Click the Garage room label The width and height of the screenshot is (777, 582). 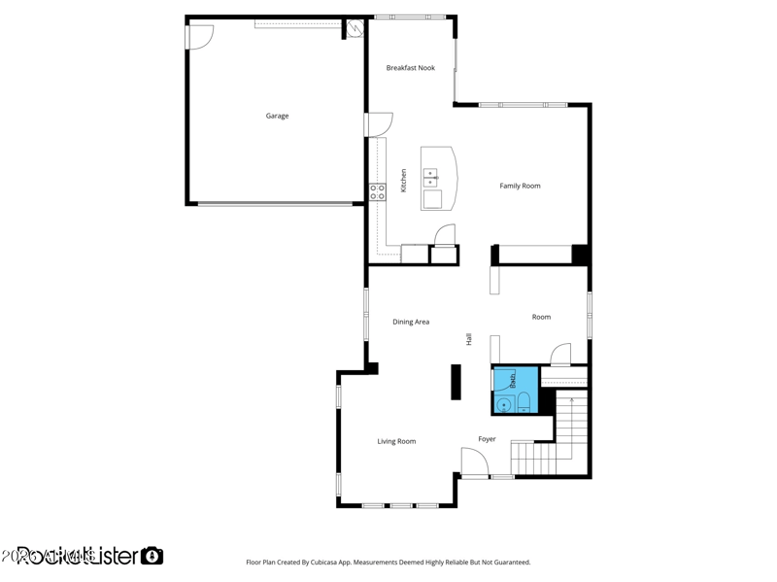[x=277, y=116]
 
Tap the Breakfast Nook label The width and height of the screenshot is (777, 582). [x=410, y=68]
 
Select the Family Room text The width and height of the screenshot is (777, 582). [x=520, y=186]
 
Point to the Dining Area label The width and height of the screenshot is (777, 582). [x=411, y=322]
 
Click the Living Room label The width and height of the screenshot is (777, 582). [x=396, y=441]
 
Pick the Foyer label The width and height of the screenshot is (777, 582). [x=487, y=439]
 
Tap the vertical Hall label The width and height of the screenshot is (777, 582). [x=469, y=339]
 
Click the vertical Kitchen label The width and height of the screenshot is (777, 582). [x=404, y=180]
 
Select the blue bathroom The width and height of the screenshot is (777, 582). [x=515, y=390]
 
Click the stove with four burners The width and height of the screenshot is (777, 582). [x=377, y=191]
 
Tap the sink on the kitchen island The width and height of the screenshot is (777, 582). [x=430, y=177]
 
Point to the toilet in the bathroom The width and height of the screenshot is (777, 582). [x=524, y=402]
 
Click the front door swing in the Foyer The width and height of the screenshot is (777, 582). [x=473, y=462]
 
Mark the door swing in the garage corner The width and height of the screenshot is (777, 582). [x=200, y=37]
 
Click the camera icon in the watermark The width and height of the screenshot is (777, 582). [x=152, y=556]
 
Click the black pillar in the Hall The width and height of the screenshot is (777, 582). [x=456, y=382]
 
